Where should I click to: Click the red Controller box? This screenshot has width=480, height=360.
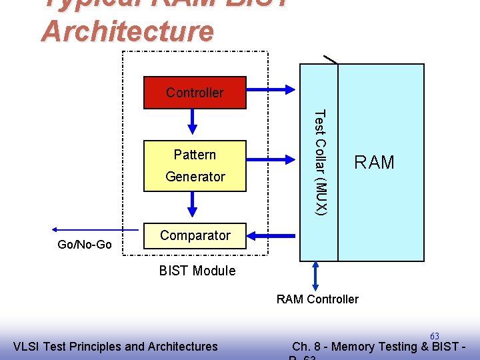tap(195, 93)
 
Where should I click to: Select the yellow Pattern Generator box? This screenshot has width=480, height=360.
tap(195, 166)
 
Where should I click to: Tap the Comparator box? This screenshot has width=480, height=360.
tap(195, 235)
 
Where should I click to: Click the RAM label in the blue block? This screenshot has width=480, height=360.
tap(374, 163)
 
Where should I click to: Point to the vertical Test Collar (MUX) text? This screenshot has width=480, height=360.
tap(319, 162)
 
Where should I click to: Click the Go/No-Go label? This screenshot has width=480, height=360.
tap(85, 245)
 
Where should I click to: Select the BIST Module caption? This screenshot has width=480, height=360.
tap(197, 271)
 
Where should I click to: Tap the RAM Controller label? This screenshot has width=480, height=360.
tap(317, 299)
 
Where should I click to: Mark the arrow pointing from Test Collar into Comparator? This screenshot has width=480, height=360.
tap(273, 235)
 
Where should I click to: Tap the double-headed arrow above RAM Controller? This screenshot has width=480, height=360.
tap(316, 275)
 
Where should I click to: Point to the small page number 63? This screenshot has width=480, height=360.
tap(434, 336)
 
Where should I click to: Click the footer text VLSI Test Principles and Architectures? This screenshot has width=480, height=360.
tap(115, 346)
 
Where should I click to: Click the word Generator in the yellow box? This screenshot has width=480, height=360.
tap(195, 177)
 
